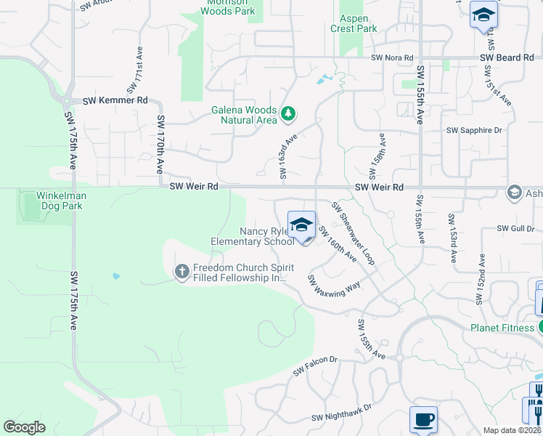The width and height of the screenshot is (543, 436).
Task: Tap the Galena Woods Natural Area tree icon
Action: click(x=289, y=113)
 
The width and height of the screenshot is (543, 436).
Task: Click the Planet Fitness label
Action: click(x=502, y=328)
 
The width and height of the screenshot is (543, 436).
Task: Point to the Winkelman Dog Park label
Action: click(x=62, y=201)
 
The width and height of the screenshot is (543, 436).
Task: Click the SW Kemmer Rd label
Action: click(x=115, y=100)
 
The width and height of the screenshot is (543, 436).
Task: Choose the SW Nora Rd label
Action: click(x=391, y=57)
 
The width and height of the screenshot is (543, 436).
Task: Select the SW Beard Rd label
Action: click(x=507, y=57)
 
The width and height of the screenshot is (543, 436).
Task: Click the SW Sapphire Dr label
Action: click(x=474, y=130)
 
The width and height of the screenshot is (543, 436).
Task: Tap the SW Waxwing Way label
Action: click(x=334, y=285)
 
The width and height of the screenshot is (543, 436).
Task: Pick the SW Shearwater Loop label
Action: click(x=354, y=233)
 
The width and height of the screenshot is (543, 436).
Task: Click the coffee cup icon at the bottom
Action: click(x=423, y=419)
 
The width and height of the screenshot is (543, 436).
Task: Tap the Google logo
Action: click(x=25, y=427)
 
